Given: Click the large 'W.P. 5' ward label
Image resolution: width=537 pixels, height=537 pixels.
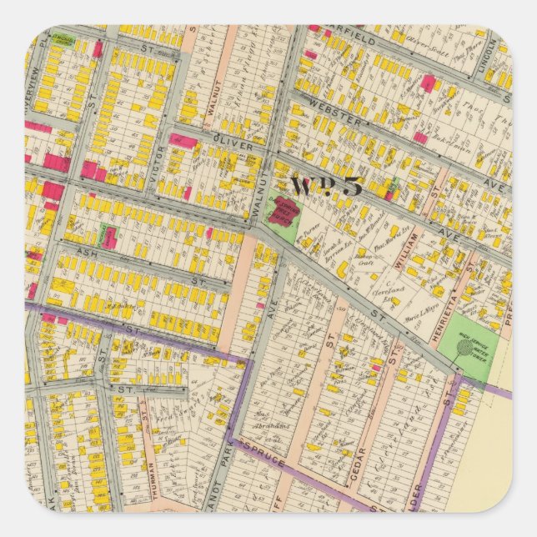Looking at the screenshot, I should point(326,186).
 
